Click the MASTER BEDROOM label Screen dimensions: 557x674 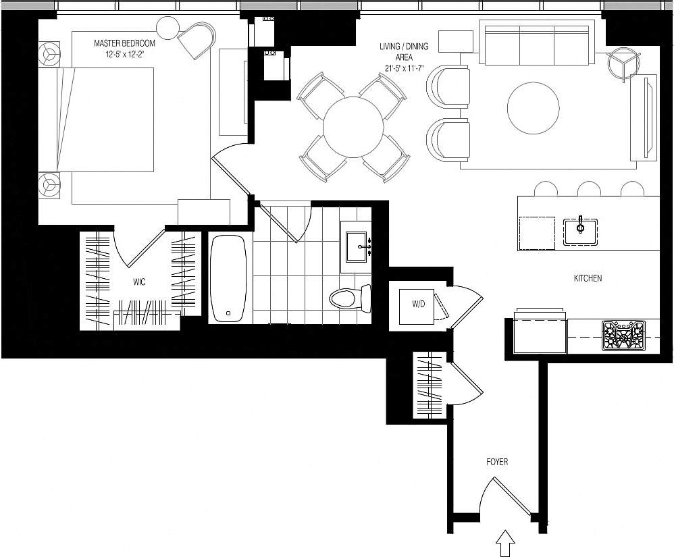tap(124, 43)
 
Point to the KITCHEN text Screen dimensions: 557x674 tap(588, 278)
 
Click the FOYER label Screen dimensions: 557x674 tap(497, 462)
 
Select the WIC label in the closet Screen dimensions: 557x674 tap(140, 281)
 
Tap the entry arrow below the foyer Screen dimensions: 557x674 tap(505, 541)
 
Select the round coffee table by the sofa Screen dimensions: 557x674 tap(533, 108)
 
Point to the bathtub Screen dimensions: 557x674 tap(228, 278)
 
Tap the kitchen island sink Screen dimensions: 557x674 tap(580, 230)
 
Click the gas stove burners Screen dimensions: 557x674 tap(623, 336)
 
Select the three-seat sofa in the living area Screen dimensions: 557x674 tap(536, 42)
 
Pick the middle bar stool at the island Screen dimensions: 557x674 tap(589, 188)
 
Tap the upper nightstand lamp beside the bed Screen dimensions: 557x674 tap(49, 54)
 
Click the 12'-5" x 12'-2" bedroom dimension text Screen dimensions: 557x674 tap(124, 53)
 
